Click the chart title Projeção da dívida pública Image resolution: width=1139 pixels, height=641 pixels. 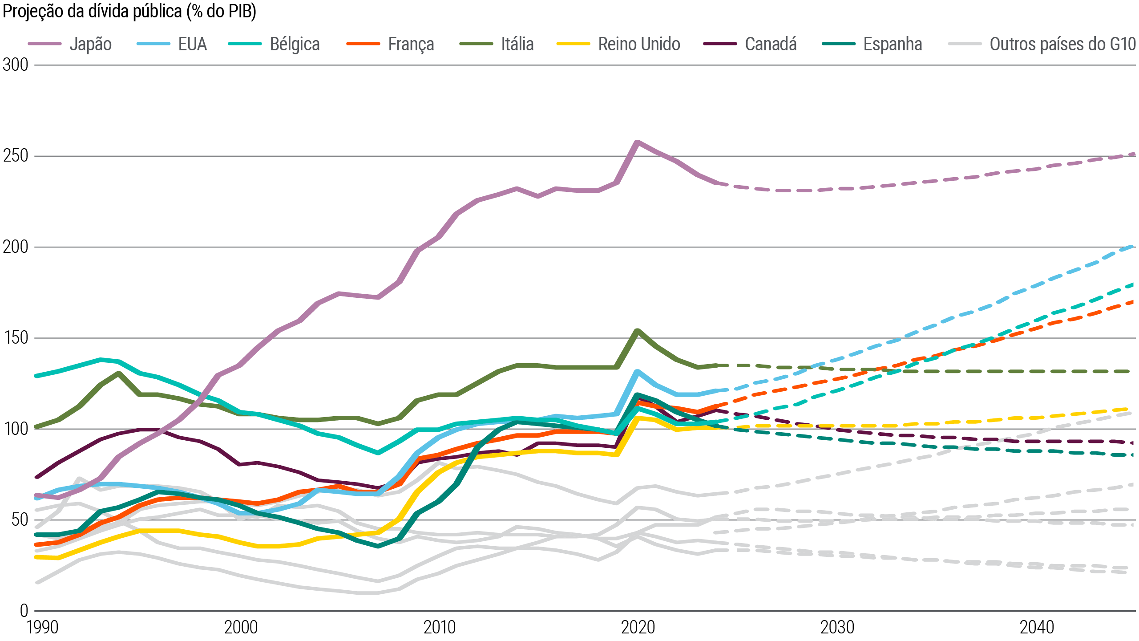(x=129, y=12)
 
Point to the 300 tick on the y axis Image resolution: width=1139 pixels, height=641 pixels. (x=15, y=65)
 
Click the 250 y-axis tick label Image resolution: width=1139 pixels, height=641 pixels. (x=15, y=156)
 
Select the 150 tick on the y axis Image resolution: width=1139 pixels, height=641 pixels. (x=15, y=338)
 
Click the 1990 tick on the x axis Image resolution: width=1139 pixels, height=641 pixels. (x=42, y=628)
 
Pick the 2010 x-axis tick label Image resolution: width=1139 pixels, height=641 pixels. (x=440, y=628)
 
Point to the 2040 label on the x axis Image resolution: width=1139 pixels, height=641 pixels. (x=1037, y=628)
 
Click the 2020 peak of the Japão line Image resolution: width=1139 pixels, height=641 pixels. (x=637, y=142)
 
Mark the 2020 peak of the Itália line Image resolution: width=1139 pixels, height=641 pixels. (x=638, y=331)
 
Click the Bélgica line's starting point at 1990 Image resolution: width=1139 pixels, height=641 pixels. (x=37, y=376)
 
